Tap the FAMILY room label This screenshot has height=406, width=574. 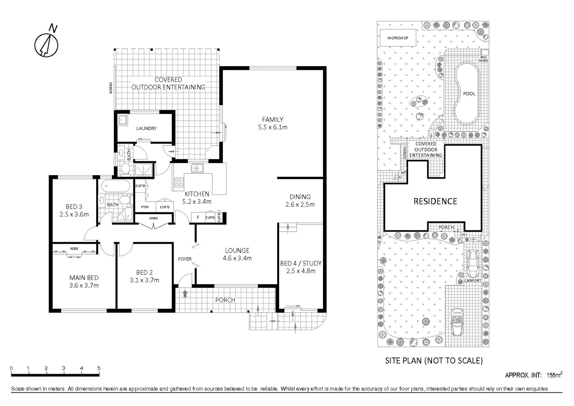click(273, 120)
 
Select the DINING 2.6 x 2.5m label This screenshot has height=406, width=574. click(300, 201)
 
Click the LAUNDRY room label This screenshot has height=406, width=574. click(146, 129)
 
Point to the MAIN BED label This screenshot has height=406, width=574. click(84, 278)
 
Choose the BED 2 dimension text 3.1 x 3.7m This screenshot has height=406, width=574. click(144, 280)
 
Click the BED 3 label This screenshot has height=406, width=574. click(74, 207)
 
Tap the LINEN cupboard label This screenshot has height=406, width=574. click(153, 218)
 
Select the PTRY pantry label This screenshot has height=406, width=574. click(145, 207)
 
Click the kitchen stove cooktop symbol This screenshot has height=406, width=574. click(178, 182)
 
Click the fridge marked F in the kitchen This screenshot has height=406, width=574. click(198, 218)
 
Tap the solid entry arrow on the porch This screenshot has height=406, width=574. click(185, 293)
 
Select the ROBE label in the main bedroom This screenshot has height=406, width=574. click(74, 249)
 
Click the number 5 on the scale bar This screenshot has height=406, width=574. click(99, 368)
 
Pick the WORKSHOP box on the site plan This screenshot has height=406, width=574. click(398, 38)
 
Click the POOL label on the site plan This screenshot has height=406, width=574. click(469, 94)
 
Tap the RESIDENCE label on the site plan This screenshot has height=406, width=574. click(435, 201)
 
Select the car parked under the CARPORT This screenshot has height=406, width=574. click(472, 260)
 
